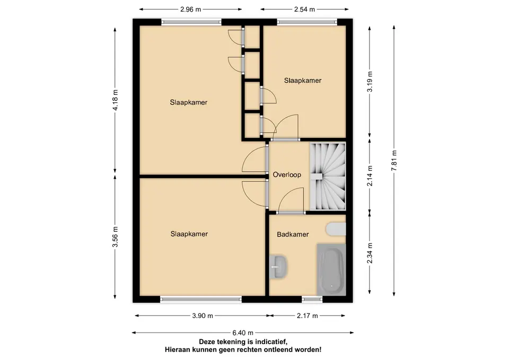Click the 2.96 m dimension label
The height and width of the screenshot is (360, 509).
190,10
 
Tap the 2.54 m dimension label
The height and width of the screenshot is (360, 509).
304,10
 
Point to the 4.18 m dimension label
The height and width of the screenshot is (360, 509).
115,100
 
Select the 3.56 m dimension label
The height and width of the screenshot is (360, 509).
115,237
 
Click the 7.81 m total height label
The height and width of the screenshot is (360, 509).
394,161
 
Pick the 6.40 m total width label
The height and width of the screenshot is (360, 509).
243,333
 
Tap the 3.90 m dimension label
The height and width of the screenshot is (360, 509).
203,316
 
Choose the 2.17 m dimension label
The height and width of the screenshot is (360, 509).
308,316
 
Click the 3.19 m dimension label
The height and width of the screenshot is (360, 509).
370,82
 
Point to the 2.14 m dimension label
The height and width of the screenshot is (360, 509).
370,176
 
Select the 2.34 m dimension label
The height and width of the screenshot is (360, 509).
370,253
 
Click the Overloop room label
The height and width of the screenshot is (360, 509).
287,174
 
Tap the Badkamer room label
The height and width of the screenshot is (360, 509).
293,234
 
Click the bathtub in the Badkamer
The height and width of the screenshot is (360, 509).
331,269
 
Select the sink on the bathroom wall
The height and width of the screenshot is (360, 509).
278,267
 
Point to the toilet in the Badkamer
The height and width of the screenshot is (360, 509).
336,229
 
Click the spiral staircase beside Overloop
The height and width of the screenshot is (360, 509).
328,177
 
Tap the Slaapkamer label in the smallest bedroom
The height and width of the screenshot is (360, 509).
303,81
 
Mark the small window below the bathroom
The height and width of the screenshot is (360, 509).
312,300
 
